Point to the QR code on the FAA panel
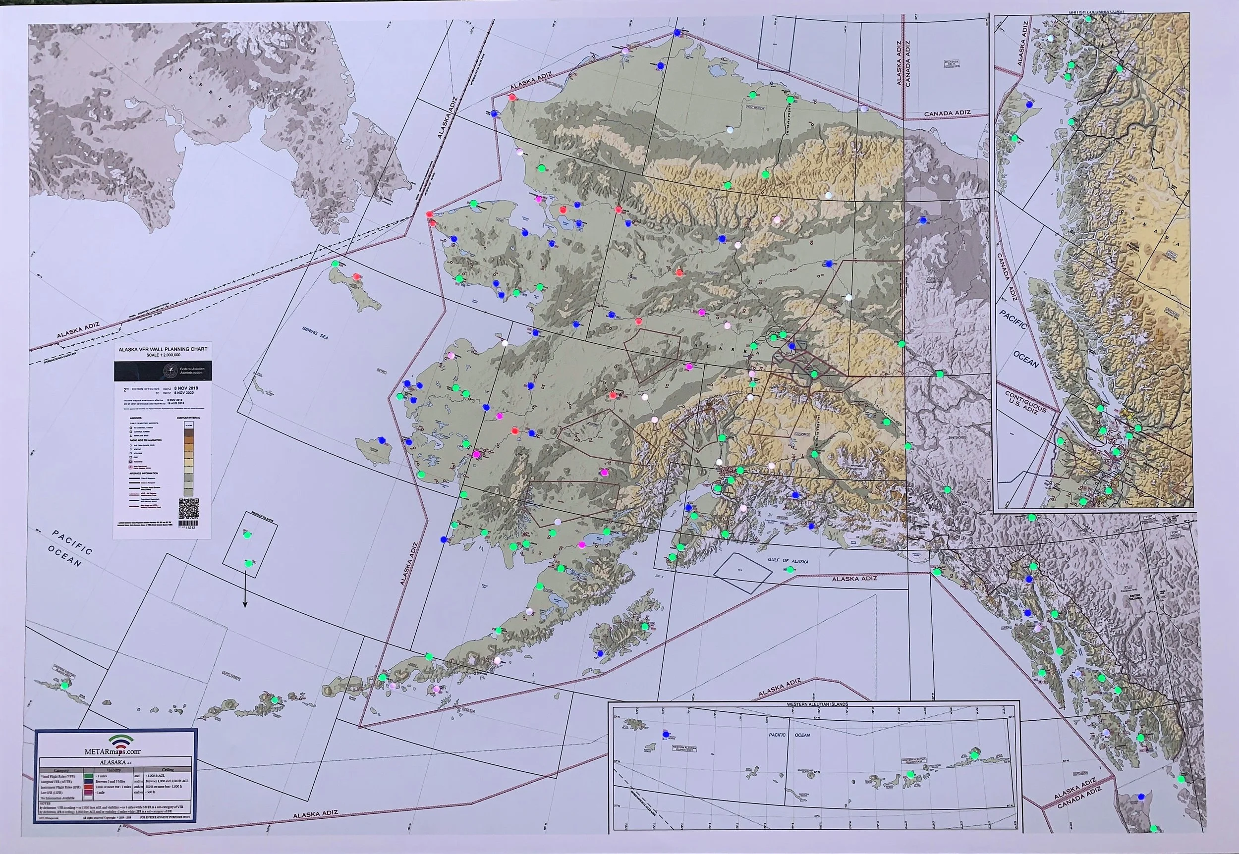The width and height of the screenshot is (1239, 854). [188, 508]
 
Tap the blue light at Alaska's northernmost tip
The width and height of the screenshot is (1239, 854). [677, 32]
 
